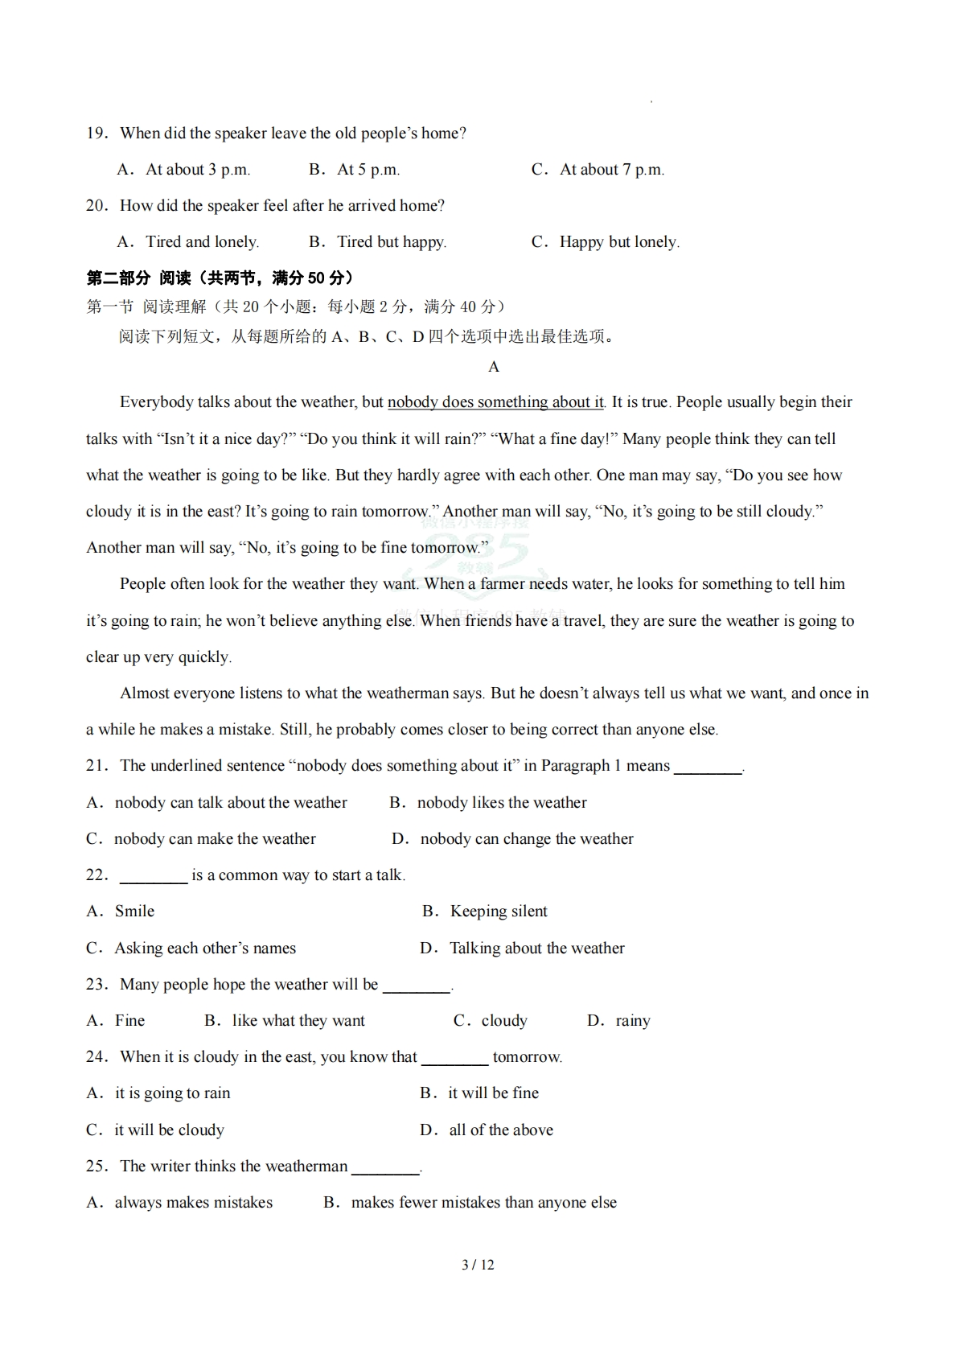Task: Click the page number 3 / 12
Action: click(478, 1265)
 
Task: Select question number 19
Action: click(97, 134)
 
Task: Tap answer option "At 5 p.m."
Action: click(368, 170)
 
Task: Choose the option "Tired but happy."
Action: click(391, 242)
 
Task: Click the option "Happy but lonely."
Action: click(619, 242)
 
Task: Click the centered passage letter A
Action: click(494, 367)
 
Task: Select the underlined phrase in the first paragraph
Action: click(495, 402)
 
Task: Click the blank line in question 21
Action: click(708, 767)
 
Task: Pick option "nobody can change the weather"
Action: click(527, 839)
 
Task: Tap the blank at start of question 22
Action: click(153, 876)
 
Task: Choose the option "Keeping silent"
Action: click(499, 912)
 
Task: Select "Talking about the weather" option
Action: click(536, 949)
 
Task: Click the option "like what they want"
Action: click(298, 1021)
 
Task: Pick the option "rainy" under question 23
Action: click(633, 1021)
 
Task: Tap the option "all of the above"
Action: click(501, 1130)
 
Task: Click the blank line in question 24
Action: click(454, 1058)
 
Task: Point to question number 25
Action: click(97, 1167)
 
